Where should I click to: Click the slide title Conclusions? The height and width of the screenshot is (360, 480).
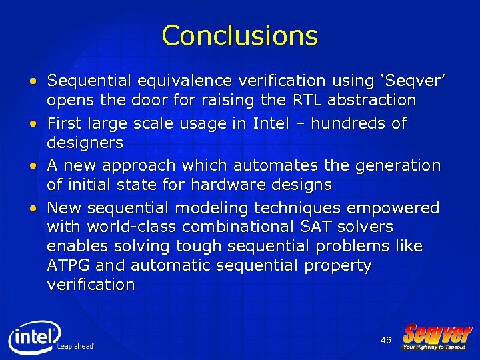click(239, 35)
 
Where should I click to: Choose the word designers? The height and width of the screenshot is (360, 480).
click(85, 143)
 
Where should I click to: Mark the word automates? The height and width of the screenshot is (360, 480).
click(248, 165)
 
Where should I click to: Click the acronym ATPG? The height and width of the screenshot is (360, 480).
click(69, 266)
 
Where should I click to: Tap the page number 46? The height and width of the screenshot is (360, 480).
click(385, 341)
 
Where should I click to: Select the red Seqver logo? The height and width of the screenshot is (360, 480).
click(437, 335)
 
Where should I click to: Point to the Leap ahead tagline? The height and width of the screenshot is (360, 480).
click(76, 346)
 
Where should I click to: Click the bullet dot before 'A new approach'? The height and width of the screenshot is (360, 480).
click(33, 165)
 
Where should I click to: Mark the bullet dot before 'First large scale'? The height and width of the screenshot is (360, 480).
click(33, 124)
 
